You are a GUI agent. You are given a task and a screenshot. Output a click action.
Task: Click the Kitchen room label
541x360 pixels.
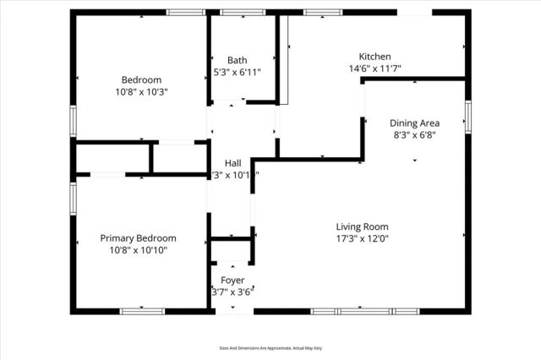(374, 57)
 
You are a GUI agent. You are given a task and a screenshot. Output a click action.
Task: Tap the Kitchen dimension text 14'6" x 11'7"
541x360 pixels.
(374, 68)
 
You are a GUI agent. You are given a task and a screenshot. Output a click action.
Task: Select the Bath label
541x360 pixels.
(237, 60)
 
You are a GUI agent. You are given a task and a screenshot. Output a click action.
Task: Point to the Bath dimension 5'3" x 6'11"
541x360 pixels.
(237, 72)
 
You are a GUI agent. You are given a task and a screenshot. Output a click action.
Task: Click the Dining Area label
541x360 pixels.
(414, 123)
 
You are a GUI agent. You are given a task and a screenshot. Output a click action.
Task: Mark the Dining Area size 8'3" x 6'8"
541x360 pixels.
(414, 134)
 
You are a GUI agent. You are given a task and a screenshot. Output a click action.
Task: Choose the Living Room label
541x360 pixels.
(362, 226)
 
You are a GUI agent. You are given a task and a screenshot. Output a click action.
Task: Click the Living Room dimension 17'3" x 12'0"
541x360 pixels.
(362, 238)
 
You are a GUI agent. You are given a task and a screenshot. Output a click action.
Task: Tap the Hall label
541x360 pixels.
(233, 163)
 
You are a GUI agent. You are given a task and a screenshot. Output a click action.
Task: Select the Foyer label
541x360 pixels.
(232, 280)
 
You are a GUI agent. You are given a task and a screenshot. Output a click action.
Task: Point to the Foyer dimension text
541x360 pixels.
(232, 292)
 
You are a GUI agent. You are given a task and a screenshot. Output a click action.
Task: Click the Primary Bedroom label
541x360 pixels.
(139, 238)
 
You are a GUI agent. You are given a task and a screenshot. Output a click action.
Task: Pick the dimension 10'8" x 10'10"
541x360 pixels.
(139, 250)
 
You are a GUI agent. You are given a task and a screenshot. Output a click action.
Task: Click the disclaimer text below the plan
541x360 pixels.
(270, 346)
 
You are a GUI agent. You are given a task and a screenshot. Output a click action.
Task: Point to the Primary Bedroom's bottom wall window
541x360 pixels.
(142, 311)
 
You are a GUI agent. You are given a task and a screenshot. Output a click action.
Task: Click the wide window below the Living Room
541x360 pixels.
(365, 311)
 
